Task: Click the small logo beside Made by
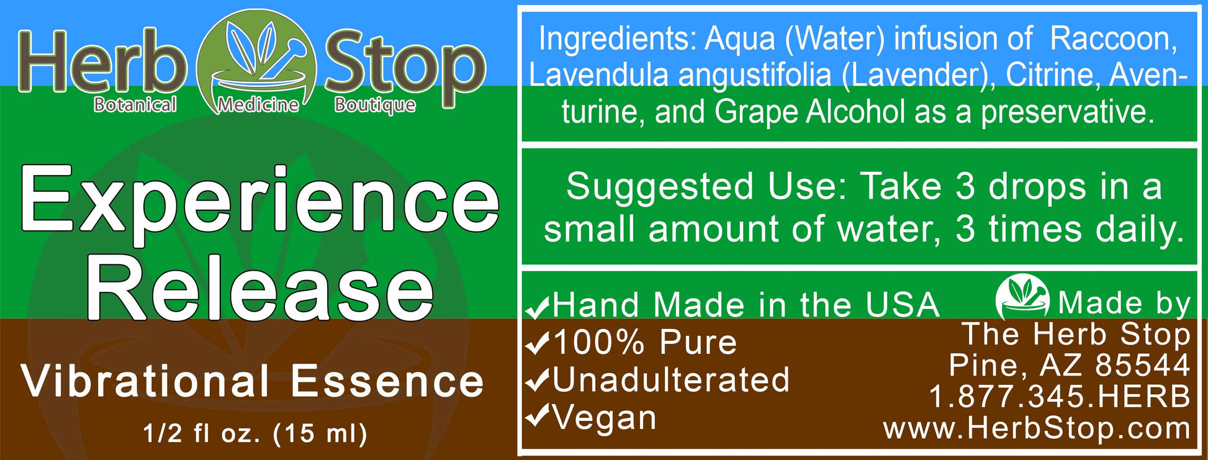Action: pos(1022,297)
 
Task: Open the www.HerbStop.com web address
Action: pos(1037,429)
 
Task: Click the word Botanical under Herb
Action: pos(135,104)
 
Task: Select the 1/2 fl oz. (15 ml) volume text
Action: pos(255,433)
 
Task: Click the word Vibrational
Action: pos(145,381)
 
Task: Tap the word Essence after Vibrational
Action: pos(387,381)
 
